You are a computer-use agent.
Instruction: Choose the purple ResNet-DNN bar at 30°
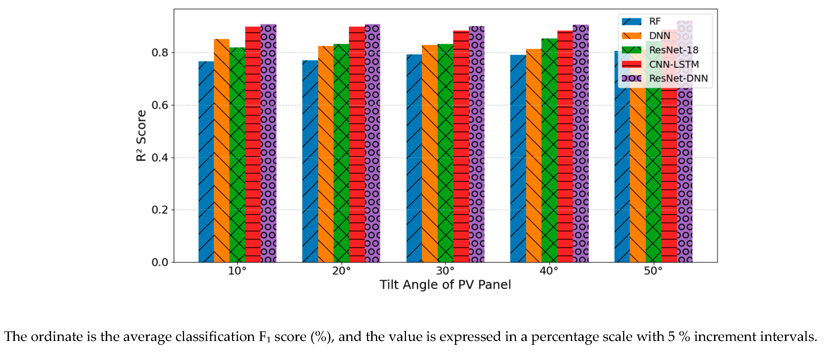[477, 144]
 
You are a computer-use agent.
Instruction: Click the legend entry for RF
[655, 21]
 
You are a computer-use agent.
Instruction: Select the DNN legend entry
[659, 36]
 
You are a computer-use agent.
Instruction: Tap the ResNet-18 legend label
[673, 50]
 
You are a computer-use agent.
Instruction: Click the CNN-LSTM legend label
[674, 64]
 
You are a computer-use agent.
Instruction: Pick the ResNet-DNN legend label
[678, 78]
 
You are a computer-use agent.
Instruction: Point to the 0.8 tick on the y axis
[160, 53]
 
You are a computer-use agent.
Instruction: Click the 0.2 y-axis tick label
[160, 210]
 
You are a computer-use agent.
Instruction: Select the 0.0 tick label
[160, 262]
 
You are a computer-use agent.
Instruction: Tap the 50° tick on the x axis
[653, 271]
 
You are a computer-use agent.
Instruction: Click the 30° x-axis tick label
[445, 271]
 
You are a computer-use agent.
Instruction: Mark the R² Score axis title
[141, 136]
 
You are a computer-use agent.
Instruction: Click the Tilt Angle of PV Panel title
[445, 285]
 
